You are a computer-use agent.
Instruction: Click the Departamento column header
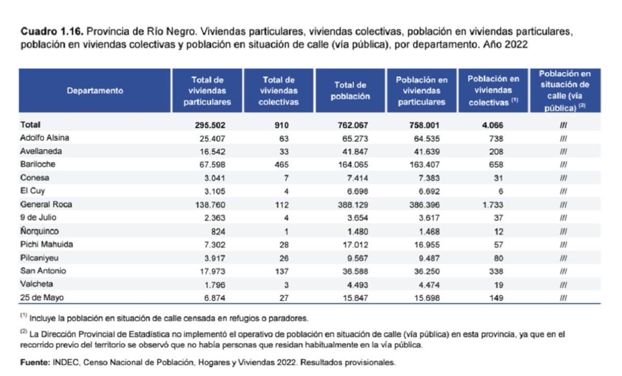pyautogui.click(x=95, y=90)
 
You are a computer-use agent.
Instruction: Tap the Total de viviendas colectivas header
pyautogui.click(x=278, y=90)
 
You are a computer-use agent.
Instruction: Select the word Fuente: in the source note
pyautogui.click(x=34, y=361)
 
